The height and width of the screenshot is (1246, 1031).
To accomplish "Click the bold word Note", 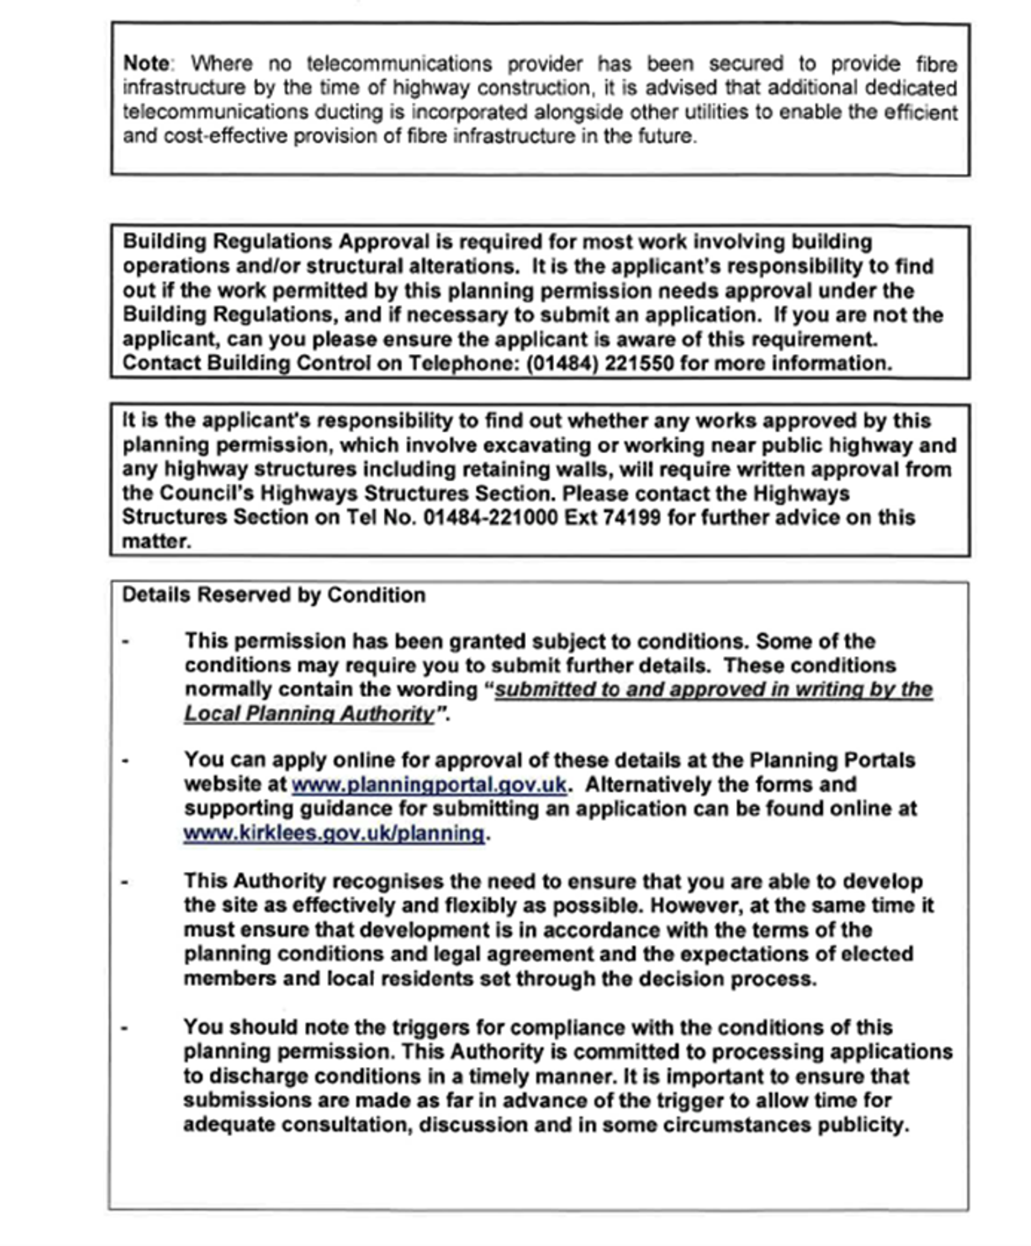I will tap(146, 63).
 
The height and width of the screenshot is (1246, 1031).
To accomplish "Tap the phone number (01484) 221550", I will tap(600, 363).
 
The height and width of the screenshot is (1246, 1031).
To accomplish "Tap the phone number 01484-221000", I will tap(490, 518).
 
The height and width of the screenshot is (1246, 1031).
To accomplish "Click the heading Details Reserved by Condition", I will tap(273, 595).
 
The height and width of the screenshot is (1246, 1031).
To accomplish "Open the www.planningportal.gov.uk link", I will tap(428, 785).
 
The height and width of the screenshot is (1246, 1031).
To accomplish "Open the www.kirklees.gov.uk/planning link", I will tap(334, 833).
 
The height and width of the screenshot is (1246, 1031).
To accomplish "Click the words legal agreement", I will tap(513, 954).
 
